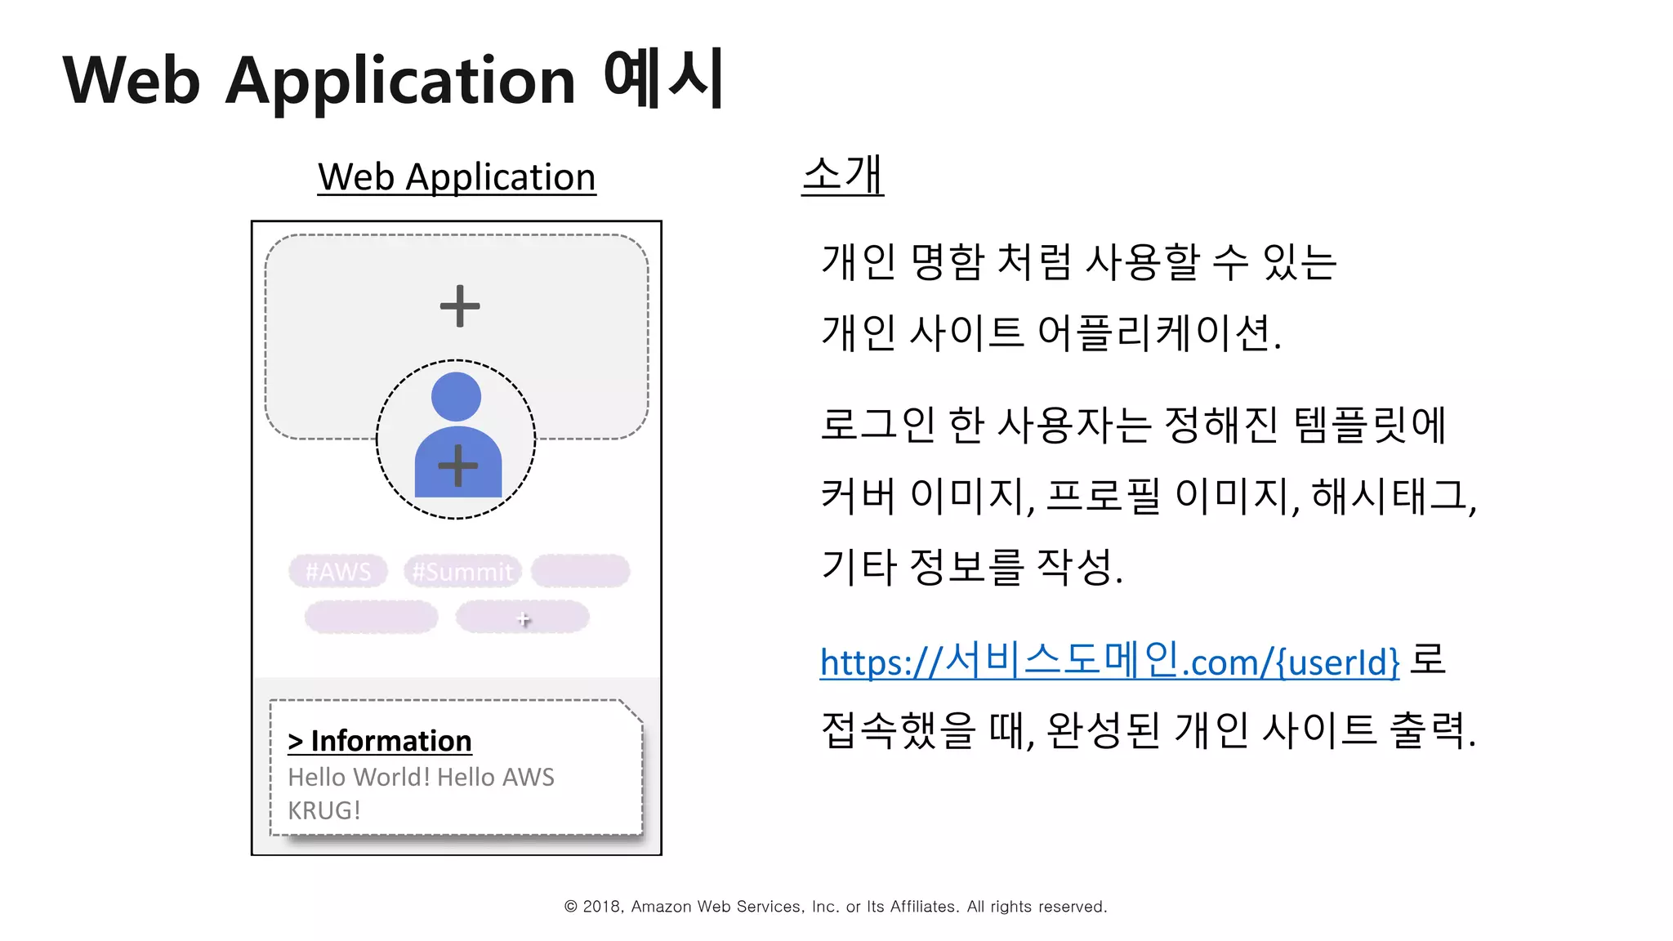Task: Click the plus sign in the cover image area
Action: (x=460, y=306)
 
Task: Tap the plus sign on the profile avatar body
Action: (x=457, y=466)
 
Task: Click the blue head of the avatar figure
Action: (x=456, y=397)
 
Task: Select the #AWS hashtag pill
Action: (x=338, y=571)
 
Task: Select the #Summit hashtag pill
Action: (x=462, y=571)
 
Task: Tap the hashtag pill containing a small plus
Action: (x=523, y=618)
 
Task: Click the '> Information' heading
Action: (x=380, y=741)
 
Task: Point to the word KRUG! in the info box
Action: (x=324, y=810)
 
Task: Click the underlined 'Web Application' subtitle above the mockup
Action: (x=457, y=177)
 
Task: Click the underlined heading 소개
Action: (x=842, y=175)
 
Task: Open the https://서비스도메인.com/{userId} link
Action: (x=1109, y=661)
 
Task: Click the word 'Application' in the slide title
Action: (x=400, y=81)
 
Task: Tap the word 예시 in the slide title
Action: (x=663, y=78)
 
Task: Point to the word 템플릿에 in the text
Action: (x=1370, y=425)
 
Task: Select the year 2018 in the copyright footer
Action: (x=602, y=907)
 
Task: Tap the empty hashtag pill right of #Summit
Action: (x=580, y=571)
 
